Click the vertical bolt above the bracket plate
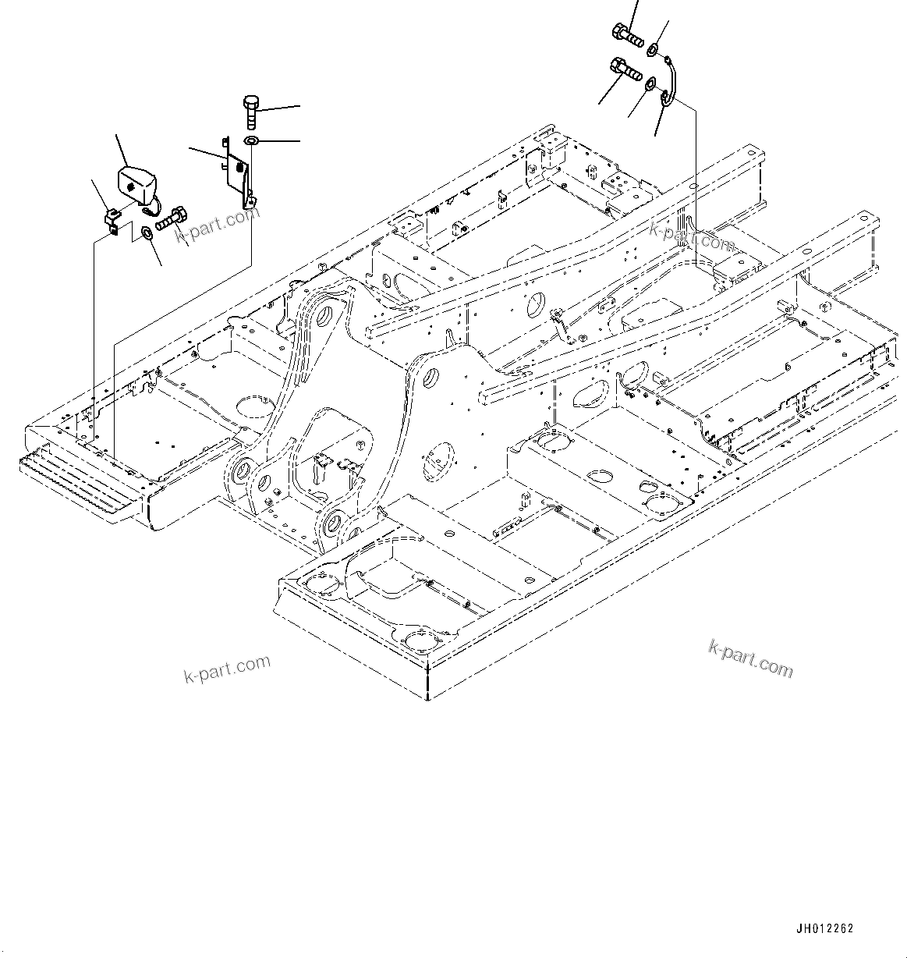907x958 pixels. tap(251, 112)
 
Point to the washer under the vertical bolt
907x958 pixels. tap(250, 141)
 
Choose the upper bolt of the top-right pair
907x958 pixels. tap(627, 35)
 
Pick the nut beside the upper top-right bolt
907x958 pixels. tap(651, 51)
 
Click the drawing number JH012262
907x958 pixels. tap(825, 929)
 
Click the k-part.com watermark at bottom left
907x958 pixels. tap(228, 669)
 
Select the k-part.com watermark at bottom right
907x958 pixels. tap(750, 659)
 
